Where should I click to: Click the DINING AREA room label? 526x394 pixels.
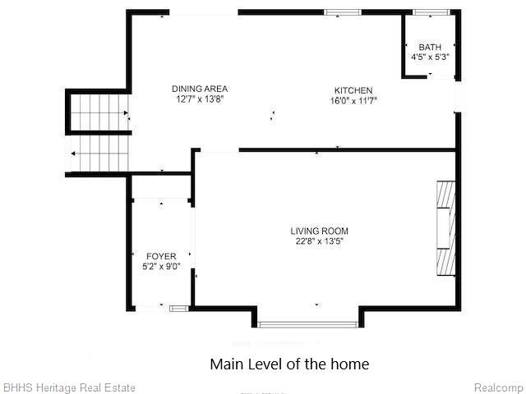pyautogui.click(x=200, y=89)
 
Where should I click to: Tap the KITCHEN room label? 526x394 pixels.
pyautogui.click(x=353, y=90)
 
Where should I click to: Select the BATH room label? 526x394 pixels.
pyautogui.click(x=430, y=48)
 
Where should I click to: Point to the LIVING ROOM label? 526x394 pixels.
pyautogui.click(x=320, y=231)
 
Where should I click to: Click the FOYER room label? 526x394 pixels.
pyautogui.click(x=161, y=256)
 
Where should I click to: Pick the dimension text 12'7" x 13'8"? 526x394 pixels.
pyautogui.click(x=200, y=99)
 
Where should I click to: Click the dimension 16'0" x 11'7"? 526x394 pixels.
pyautogui.click(x=354, y=100)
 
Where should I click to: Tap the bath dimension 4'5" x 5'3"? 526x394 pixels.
pyautogui.click(x=430, y=57)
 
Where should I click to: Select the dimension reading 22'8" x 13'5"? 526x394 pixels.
pyautogui.click(x=320, y=241)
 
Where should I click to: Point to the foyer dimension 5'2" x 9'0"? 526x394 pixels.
pyautogui.click(x=161, y=267)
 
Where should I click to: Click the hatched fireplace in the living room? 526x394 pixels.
pyautogui.click(x=445, y=228)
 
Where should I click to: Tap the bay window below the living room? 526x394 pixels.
pyautogui.click(x=308, y=324)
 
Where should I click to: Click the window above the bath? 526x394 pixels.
pyautogui.click(x=431, y=12)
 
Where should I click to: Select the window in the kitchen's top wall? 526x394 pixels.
pyautogui.click(x=343, y=12)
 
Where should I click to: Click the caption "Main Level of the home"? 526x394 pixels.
pyautogui.click(x=289, y=364)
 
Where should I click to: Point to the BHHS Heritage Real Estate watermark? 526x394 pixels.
pyautogui.click(x=69, y=387)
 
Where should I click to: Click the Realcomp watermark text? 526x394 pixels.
pyautogui.click(x=500, y=388)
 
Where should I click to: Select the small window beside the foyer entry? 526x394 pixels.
pyautogui.click(x=179, y=309)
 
